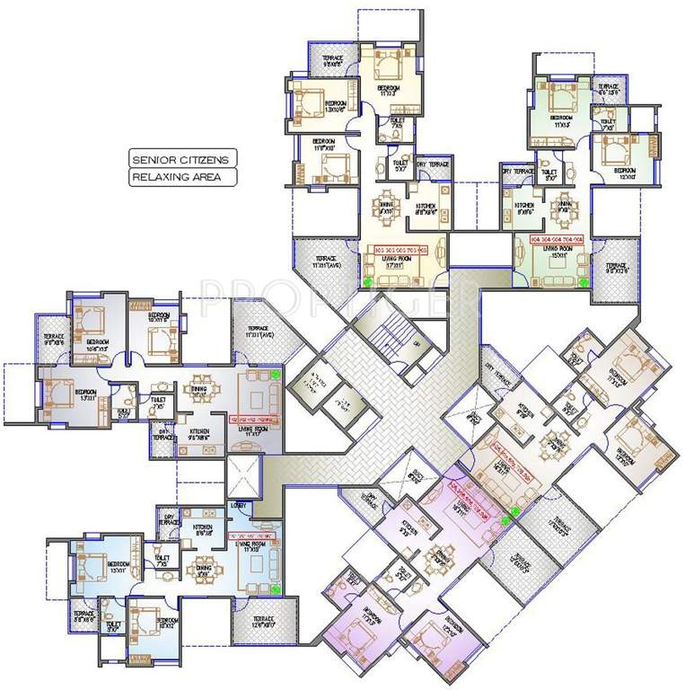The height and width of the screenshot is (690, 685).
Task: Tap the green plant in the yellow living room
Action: coord(367,281)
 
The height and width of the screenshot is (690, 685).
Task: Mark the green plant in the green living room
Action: coord(582,281)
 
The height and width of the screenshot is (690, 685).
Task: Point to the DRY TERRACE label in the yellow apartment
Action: coord(432,164)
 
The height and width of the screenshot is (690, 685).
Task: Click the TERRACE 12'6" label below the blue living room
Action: coord(262,621)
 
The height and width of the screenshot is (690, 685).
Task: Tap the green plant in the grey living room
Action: coord(275,373)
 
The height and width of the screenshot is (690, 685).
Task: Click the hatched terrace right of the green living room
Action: coord(616,269)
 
